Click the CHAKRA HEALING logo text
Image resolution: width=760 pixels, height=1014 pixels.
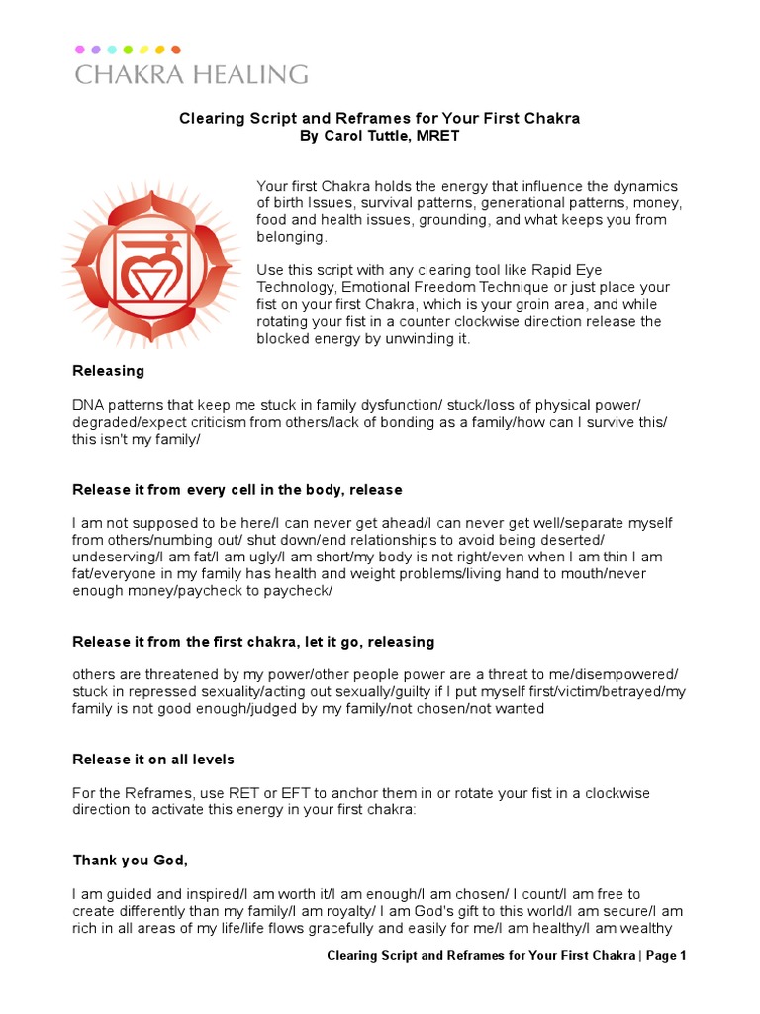click(191, 74)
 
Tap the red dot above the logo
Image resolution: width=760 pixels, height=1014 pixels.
click(176, 49)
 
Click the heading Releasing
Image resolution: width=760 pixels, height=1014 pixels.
click(109, 371)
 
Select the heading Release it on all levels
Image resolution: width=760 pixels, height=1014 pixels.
click(153, 760)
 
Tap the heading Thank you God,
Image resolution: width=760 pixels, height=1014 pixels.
click(130, 861)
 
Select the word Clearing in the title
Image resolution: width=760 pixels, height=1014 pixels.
click(209, 118)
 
